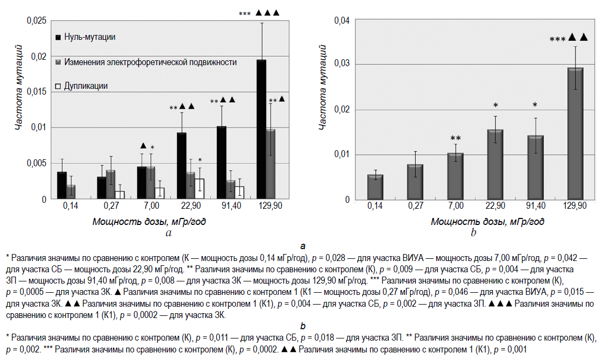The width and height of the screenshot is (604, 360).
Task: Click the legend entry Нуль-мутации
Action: tap(89, 37)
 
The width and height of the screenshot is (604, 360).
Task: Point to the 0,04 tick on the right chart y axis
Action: tap(342, 21)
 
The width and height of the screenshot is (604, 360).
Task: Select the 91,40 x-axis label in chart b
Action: tap(536, 206)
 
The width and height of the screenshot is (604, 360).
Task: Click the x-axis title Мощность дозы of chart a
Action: tap(149, 221)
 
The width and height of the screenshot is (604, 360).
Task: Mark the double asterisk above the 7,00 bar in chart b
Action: tap(456, 138)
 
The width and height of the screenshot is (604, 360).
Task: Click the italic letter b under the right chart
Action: tap(473, 233)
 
